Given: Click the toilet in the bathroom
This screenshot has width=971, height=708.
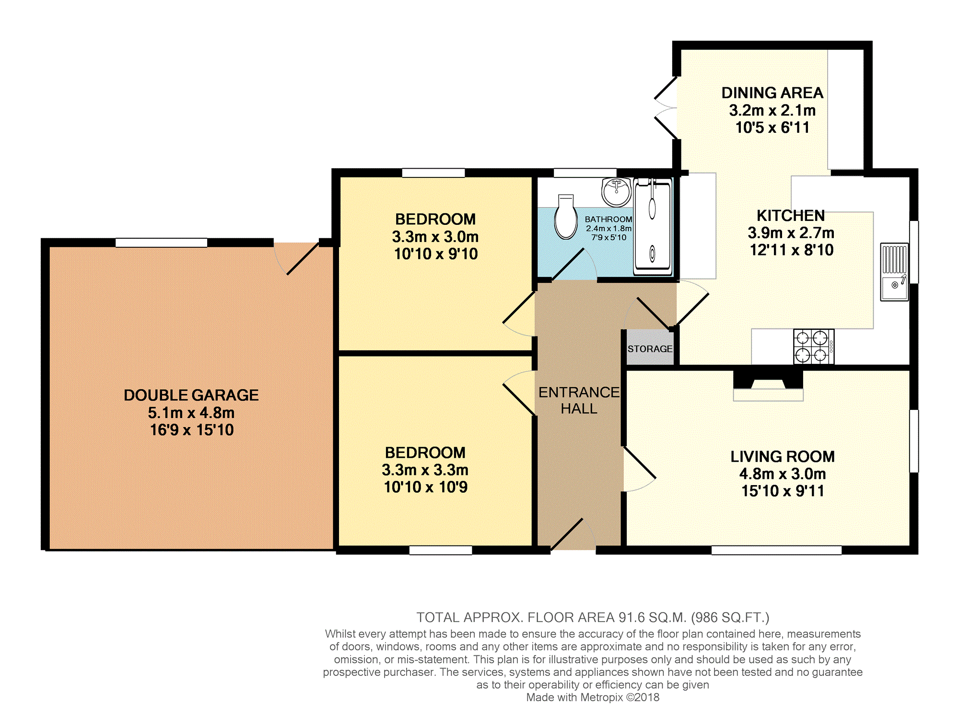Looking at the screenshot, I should [566, 218].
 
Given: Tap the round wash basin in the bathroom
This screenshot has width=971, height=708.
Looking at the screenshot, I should [617, 191].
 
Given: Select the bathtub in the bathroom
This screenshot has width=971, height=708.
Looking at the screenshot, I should [653, 226].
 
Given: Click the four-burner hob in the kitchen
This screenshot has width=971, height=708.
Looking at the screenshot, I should [813, 347].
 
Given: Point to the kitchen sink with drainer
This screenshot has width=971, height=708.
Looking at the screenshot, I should [894, 272].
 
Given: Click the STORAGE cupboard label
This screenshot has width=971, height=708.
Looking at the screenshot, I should [650, 349].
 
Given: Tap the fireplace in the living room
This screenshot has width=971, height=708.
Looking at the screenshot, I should [768, 383].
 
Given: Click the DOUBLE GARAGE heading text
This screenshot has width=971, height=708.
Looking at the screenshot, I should [191, 395].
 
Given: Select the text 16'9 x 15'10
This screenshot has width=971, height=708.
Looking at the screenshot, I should [191, 430].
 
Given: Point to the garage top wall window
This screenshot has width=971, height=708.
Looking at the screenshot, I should [161, 243].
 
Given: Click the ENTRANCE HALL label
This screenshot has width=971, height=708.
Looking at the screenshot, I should [579, 400].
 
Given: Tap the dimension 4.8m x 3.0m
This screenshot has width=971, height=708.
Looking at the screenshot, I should [782, 474].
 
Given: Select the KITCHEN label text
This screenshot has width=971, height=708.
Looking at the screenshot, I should [790, 216].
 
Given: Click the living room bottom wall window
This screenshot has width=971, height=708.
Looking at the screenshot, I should [776, 550].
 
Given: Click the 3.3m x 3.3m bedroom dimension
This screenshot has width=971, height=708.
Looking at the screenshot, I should [425, 470].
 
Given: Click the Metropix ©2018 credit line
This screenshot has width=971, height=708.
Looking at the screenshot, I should [593, 697].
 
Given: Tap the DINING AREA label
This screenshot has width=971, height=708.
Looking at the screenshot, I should [772, 93].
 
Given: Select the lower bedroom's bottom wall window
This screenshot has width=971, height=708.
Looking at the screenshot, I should [440, 550].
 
